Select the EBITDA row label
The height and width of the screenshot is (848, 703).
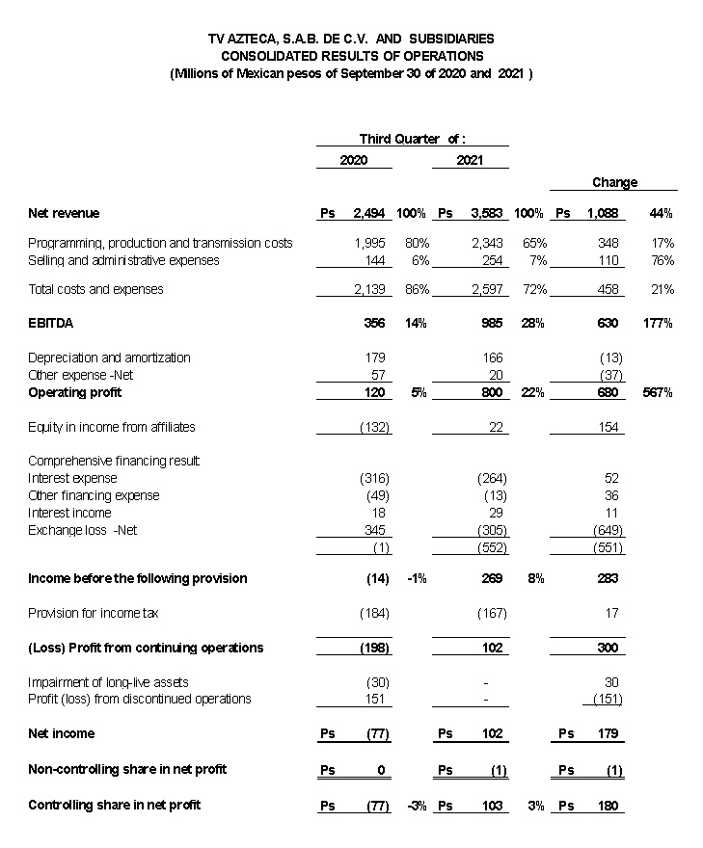tap(50, 324)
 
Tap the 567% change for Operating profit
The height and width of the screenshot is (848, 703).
tap(657, 393)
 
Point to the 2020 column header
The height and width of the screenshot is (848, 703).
tap(353, 161)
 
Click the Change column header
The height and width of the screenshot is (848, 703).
tap(614, 183)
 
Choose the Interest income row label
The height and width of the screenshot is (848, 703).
tap(69, 513)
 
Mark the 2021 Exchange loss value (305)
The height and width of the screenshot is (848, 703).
tap(492, 530)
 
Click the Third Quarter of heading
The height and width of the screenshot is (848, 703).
tap(412, 139)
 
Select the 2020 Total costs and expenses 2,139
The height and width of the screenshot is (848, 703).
tap(369, 289)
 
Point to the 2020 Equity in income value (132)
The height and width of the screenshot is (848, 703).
tap(373, 427)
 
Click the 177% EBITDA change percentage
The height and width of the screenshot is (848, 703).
tap(657, 324)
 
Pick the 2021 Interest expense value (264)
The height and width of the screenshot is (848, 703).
tap(492, 478)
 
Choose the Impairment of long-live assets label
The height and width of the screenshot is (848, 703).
tap(108, 682)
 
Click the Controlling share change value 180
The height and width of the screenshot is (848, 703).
tap(608, 806)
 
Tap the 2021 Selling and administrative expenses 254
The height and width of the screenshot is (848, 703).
tap(492, 260)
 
